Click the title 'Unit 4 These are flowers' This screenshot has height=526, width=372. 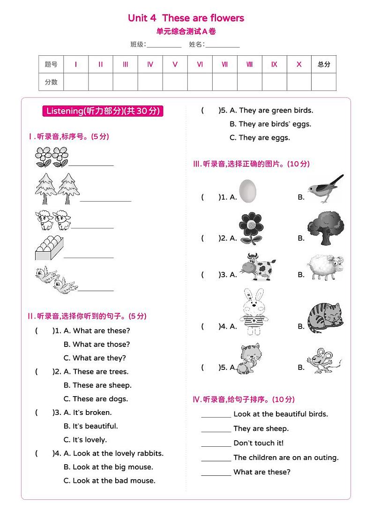click(x=186, y=18)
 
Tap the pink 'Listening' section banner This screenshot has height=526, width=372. click(x=103, y=111)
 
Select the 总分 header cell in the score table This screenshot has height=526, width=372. click(x=324, y=65)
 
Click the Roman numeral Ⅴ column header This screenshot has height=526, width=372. click(x=175, y=65)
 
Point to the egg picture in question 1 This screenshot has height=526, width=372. click(x=248, y=191)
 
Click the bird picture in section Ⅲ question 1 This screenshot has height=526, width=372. click(x=325, y=188)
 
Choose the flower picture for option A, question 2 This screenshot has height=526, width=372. click(x=251, y=228)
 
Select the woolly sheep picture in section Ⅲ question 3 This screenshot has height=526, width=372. click(x=326, y=267)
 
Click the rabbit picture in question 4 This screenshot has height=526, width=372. click(x=253, y=312)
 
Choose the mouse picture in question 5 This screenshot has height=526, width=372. click(x=323, y=360)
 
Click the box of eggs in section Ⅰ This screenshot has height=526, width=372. click(x=48, y=248)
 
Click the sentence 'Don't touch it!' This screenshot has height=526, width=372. click(x=258, y=443)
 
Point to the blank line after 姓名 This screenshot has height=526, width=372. click(x=223, y=46)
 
